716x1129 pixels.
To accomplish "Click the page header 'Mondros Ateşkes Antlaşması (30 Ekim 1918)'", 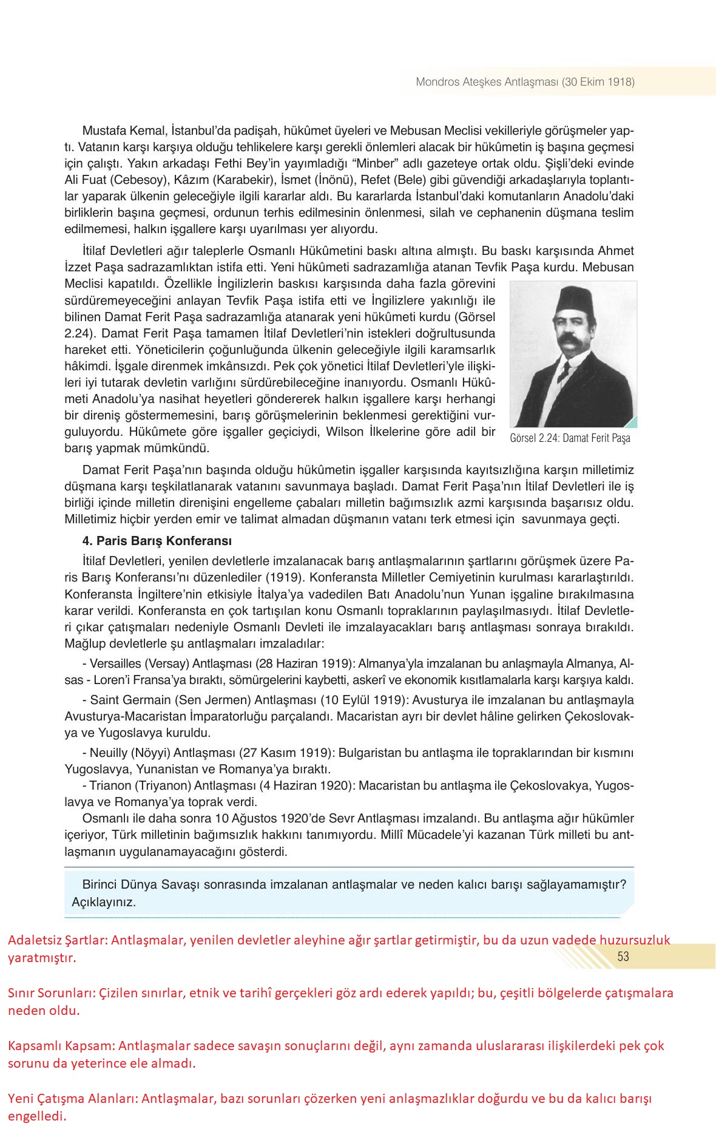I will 525,82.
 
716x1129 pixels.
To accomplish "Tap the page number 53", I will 623,957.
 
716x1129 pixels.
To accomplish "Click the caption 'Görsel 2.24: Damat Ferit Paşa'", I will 570,438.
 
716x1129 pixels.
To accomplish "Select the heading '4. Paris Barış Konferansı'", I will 157,541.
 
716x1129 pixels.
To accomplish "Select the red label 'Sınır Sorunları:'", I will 51,994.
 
